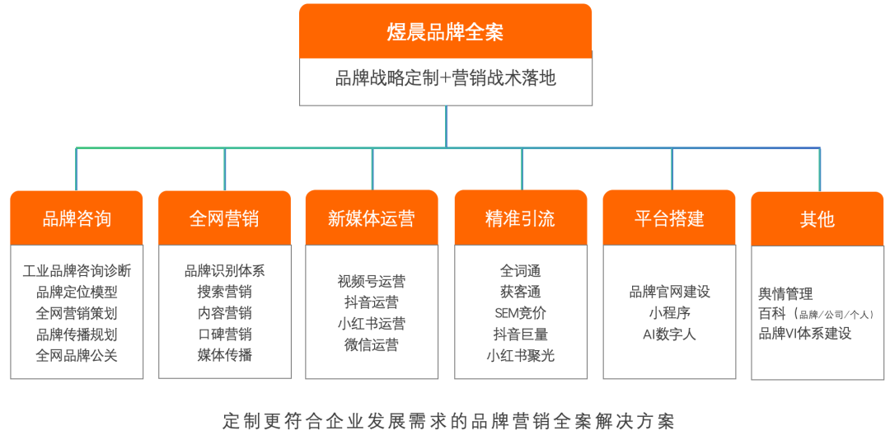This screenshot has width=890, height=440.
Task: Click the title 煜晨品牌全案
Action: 445,32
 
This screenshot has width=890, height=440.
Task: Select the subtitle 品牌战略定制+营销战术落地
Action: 446,78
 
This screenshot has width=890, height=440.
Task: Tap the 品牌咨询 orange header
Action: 77,218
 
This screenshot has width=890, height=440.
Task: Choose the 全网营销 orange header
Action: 224,218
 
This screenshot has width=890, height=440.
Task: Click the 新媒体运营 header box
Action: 372,218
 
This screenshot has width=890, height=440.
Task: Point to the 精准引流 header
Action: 521,218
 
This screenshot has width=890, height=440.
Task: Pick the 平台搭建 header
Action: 669,218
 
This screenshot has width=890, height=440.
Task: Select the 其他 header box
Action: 817,219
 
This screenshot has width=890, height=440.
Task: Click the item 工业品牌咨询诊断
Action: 77,271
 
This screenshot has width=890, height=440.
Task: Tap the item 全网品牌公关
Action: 77,355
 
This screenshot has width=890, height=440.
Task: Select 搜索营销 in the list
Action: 225,292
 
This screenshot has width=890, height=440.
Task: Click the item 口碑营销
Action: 225,334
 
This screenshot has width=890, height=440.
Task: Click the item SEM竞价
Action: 521,313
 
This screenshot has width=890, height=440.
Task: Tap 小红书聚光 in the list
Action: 521,355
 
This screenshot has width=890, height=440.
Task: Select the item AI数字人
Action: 669,334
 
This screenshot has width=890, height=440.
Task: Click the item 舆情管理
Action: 785,294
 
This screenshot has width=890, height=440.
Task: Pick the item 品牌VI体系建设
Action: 805,333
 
